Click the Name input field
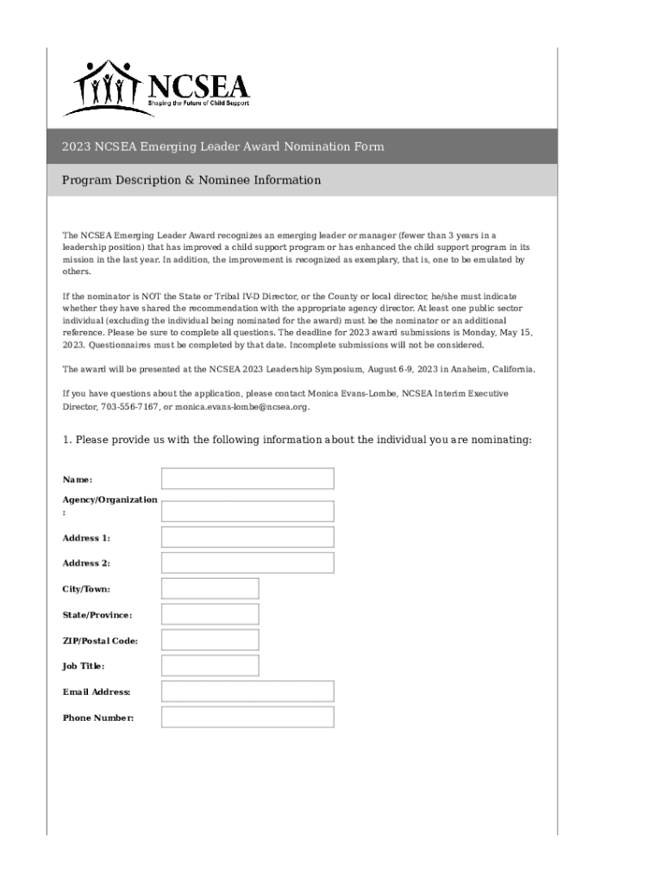[x=247, y=479]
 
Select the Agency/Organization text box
[x=247, y=511]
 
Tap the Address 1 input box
[x=247, y=537]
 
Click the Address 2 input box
[x=247, y=563]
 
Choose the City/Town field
[x=210, y=589]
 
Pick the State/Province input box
[x=210, y=615]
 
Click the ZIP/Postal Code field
[x=210, y=640]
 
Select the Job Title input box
[x=210, y=666]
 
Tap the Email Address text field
[x=247, y=692]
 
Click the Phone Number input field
[x=247, y=717]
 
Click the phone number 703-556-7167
[x=129, y=407]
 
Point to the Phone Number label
[x=97, y=717]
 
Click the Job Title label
[x=84, y=666]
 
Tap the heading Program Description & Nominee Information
[x=191, y=180]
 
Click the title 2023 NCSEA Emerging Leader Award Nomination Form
[x=222, y=147]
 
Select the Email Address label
[x=97, y=692]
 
